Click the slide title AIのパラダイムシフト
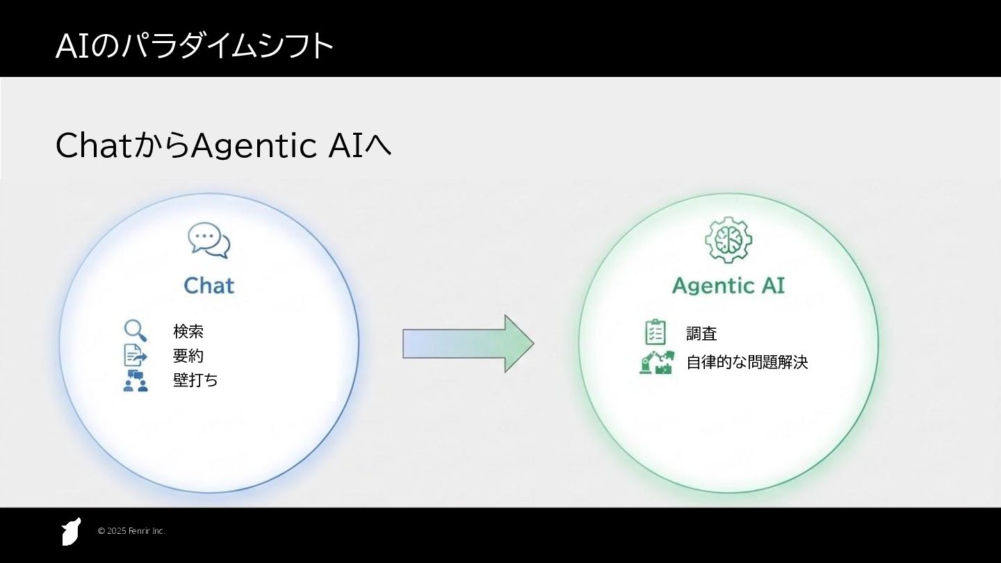pos(195,46)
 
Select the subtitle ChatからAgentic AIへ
pos(222,145)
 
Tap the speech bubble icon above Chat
pos(209,240)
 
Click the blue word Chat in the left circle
pos(209,285)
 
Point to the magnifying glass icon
pos(135,331)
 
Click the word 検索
pos(188,332)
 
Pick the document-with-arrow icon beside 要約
pos(135,355)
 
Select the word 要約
pos(188,356)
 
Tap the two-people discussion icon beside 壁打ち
pos(135,380)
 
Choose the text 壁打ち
pos(195,380)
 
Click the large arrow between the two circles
pos(468,343)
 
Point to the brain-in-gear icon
pos(729,240)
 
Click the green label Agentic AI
pos(729,285)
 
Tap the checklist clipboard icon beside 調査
pos(655,332)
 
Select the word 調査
pos(701,334)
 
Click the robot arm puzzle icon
pos(656,362)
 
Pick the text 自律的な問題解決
pos(747,362)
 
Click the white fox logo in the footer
pos(71,532)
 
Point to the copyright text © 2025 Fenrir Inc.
pos(131,531)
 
